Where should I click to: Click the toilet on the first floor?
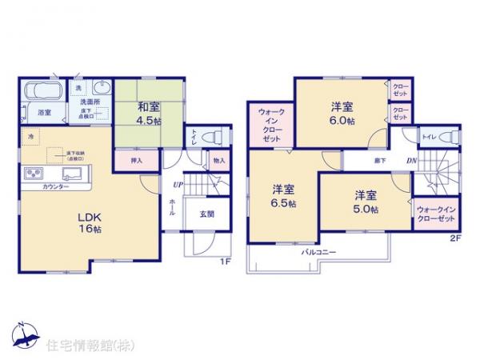click(212, 138)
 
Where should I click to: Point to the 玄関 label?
click(206, 213)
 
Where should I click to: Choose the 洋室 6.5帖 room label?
click(282, 196)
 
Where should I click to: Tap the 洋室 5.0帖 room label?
click(366, 200)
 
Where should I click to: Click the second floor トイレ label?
click(429, 136)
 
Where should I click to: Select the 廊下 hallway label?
click(376, 162)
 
